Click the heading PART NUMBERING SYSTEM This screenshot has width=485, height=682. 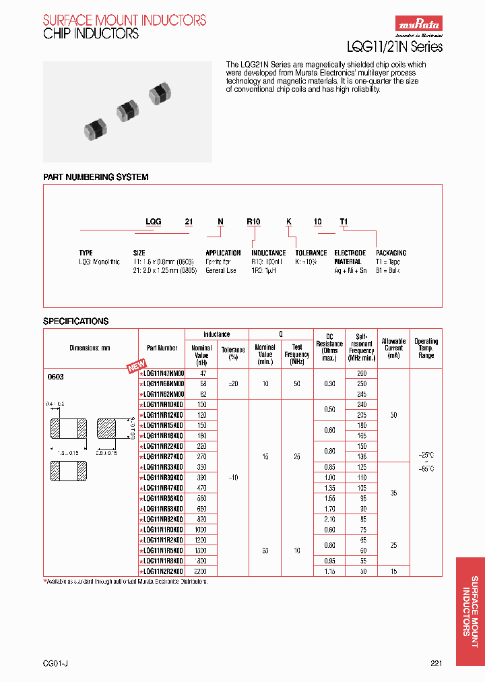[x=96, y=177]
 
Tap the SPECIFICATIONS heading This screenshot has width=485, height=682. [x=75, y=321]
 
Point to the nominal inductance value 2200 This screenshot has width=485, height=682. [x=201, y=571]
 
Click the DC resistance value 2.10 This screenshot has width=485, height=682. [x=329, y=520]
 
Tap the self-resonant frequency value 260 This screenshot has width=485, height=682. [x=362, y=373]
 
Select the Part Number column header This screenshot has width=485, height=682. [x=162, y=348]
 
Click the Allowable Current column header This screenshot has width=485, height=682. [x=393, y=348]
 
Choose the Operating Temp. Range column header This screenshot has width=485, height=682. [x=426, y=348]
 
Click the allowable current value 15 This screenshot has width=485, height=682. [x=393, y=571]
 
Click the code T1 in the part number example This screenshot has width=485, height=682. [x=344, y=221]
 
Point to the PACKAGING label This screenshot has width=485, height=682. [x=391, y=253]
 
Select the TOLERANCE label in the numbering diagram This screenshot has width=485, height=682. [x=311, y=253]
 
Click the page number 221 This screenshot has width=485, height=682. [x=437, y=664]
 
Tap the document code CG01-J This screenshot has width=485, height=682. [x=55, y=664]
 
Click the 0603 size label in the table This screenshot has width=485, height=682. [x=55, y=377]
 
